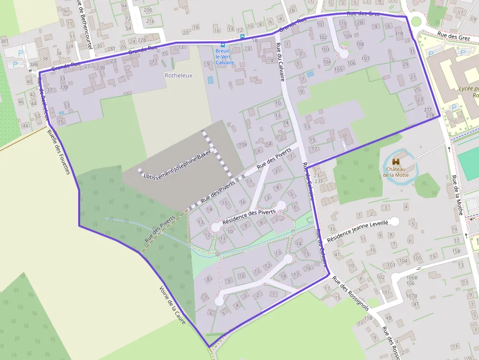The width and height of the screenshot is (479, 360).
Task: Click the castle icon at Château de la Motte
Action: pos(396,161)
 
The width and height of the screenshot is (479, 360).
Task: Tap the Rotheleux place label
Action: pos(178,76)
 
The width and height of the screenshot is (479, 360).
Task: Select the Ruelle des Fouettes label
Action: pos(59,152)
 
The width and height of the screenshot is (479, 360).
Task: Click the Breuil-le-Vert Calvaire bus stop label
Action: pos(225,56)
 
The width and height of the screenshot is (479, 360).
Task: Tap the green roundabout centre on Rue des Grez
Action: pos(416,21)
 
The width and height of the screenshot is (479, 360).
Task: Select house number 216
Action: pos(150,21)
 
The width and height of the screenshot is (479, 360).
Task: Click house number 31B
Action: pos(399,34)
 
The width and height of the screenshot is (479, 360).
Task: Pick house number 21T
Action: pos(428,109)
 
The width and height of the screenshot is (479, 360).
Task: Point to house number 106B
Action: pos(412,277)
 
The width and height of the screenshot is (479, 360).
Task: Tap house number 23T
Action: pos(319,181)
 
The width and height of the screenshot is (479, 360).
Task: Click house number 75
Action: pos(61,122)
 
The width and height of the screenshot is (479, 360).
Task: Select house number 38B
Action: pos(33,64)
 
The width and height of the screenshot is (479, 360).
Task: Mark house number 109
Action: pos(348,36)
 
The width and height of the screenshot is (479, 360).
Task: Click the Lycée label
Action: pos(468,89)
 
